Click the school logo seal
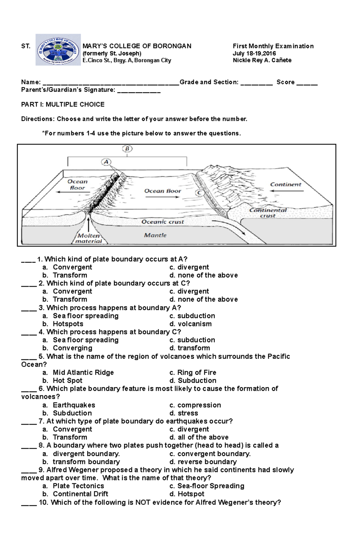click(x=58, y=50)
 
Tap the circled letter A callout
click(x=106, y=162)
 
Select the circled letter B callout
click(x=127, y=149)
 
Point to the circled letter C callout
click(x=199, y=193)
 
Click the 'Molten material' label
click(x=88, y=239)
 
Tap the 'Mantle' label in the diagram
click(x=155, y=235)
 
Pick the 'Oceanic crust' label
click(x=163, y=222)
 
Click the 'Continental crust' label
click(x=268, y=213)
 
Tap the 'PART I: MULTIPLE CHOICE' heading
click(x=63, y=105)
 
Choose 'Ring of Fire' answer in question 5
click(x=196, y=373)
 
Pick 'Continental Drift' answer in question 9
click(x=80, y=494)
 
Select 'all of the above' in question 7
click(x=203, y=437)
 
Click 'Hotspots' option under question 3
click(x=68, y=324)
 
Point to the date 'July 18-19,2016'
click(x=254, y=53)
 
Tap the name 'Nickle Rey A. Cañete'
click(x=262, y=60)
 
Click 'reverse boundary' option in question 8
click(x=207, y=462)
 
